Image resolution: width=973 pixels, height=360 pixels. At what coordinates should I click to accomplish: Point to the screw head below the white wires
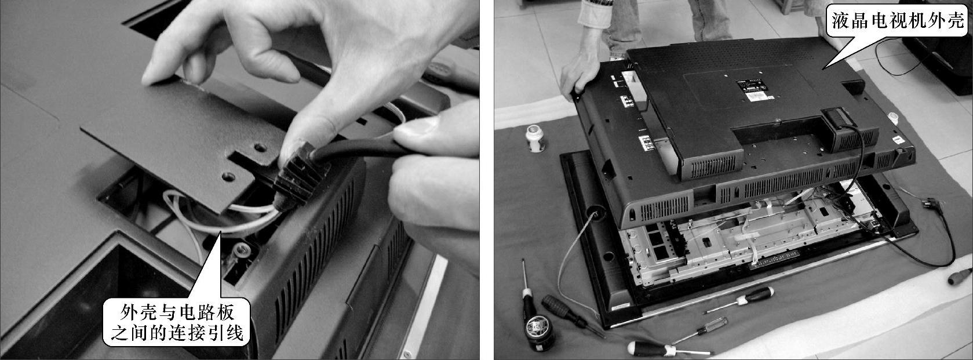click(x=240, y=249)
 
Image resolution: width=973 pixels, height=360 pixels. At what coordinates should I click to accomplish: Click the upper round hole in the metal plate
click(x=260, y=148)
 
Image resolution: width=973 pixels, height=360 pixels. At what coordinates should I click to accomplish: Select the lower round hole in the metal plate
click(x=228, y=176)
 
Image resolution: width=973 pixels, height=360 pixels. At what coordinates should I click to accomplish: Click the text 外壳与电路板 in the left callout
click(x=177, y=312)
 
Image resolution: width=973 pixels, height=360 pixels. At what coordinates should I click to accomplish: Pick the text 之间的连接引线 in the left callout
click(x=177, y=333)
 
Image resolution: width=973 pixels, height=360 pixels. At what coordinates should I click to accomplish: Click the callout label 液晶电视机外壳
click(x=897, y=20)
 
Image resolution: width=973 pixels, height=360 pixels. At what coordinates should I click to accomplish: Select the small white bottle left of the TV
click(x=535, y=138)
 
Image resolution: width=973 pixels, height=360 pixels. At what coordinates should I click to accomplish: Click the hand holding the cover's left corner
click(x=578, y=74)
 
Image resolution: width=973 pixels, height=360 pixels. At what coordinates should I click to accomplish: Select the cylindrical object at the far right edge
click(x=960, y=277)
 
